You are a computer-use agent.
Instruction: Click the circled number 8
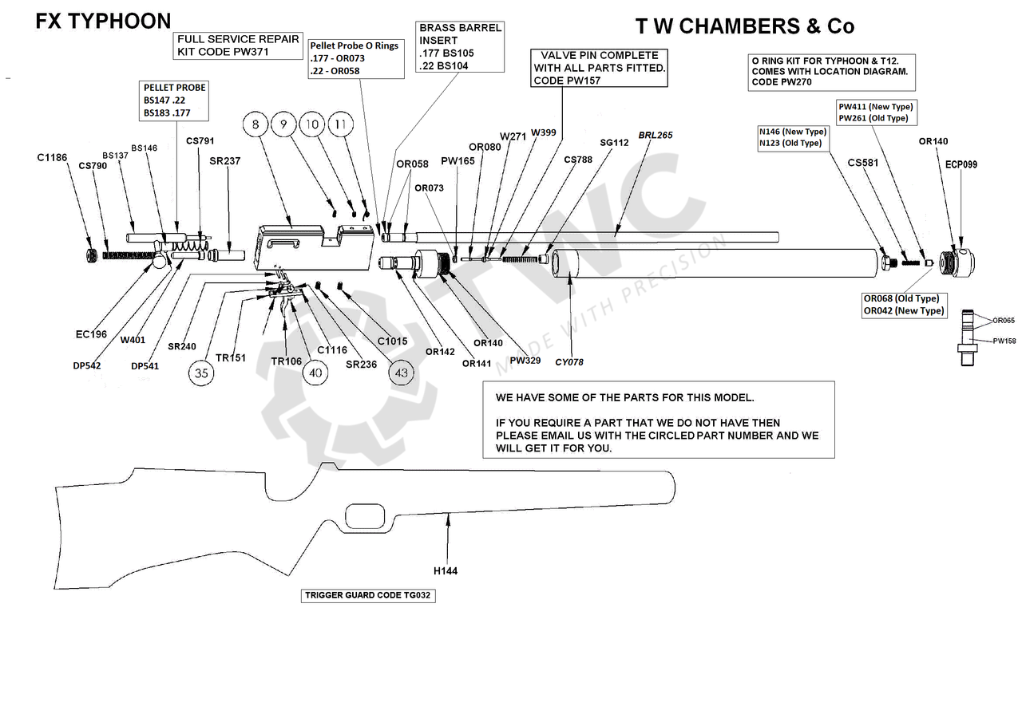[x=255, y=124]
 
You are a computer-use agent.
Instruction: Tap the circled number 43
[x=401, y=373]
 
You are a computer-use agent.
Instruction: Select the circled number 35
[x=202, y=373]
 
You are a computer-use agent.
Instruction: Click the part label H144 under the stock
[x=446, y=570]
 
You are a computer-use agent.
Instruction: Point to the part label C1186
[x=52, y=158]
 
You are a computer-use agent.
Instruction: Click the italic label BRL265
[x=655, y=136]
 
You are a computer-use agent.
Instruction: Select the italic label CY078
[x=569, y=362]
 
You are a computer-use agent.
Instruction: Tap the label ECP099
[x=961, y=164]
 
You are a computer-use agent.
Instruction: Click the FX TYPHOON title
[x=103, y=22]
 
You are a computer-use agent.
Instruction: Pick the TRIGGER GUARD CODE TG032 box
[x=369, y=595]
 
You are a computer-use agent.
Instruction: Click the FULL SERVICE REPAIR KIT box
[x=238, y=45]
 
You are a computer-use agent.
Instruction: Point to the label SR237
[x=225, y=161]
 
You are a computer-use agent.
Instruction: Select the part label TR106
[x=286, y=361]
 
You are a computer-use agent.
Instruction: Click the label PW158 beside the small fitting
[x=1004, y=341]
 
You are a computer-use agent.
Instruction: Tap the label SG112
[x=614, y=143]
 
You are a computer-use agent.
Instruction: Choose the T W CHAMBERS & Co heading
[x=744, y=26]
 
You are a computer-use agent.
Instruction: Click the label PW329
[x=525, y=360]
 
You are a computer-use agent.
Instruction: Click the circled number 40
[x=316, y=373]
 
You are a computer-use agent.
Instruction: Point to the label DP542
[x=85, y=366]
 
